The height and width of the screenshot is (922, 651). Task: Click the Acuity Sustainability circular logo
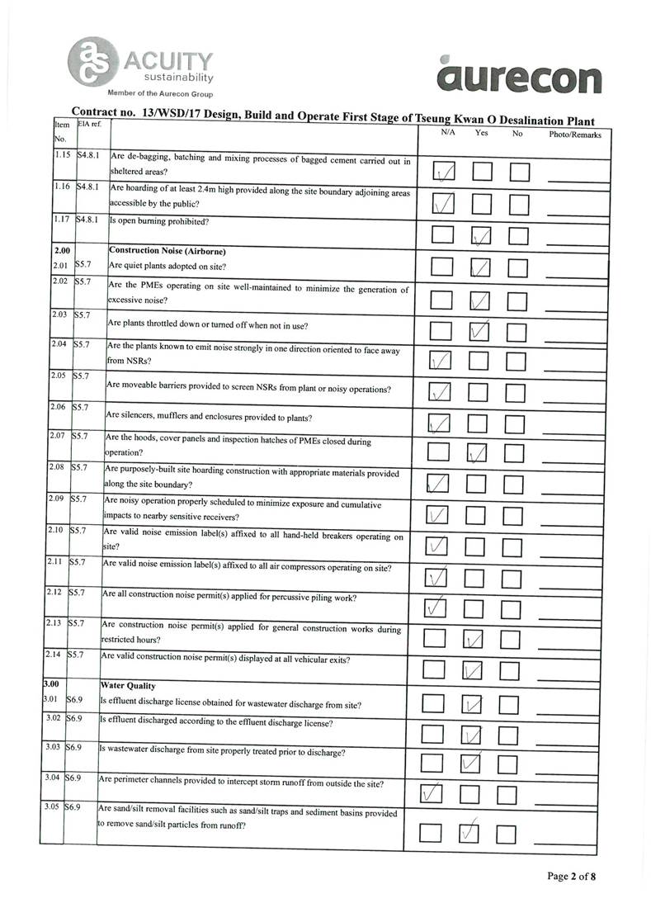(94, 62)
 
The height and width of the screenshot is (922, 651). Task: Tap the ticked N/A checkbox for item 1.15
(443, 172)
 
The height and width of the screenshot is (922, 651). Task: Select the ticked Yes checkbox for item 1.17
(482, 235)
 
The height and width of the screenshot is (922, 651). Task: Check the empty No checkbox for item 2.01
(517, 267)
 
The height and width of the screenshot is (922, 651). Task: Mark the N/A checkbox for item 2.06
(440, 423)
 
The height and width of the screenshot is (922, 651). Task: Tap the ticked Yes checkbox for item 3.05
(469, 833)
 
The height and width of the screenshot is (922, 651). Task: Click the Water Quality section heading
(127, 685)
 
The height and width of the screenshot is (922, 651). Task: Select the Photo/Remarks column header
(574, 135)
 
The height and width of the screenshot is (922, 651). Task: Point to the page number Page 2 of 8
(571, 876)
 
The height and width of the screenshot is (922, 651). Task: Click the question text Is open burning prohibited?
(159, 221)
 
